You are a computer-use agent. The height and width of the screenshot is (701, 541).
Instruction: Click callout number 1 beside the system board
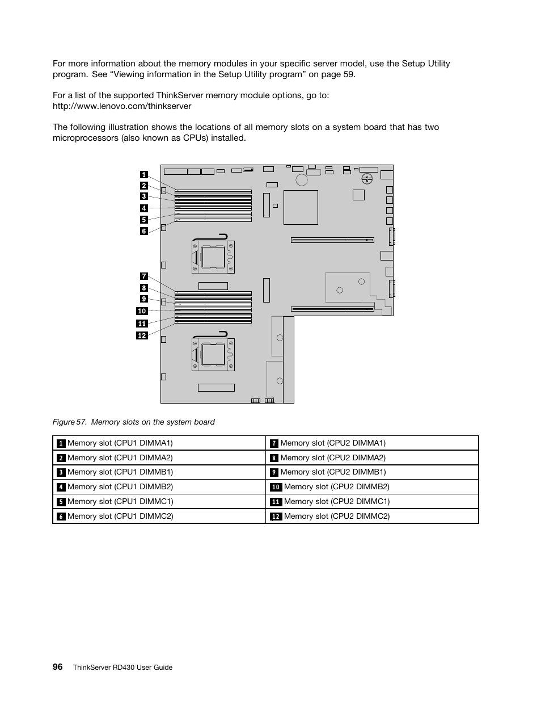click(x=144, y=175)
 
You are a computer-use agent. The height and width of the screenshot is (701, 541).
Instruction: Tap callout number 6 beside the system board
click(x=144, y=231)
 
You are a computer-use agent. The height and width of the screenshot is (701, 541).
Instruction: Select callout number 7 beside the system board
click(x=144, y=276)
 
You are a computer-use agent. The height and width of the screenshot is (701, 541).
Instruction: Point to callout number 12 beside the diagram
click(x=142, y=335)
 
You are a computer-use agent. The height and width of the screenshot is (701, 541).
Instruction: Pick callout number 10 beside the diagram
click(x=142, y=311)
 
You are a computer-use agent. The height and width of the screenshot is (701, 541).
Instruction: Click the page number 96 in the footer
click(x=57, y=667)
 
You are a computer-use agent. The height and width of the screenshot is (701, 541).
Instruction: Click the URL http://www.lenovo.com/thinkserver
click(x=122, y=106)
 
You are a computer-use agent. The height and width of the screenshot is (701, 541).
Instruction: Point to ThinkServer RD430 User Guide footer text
click(x=122, y=668)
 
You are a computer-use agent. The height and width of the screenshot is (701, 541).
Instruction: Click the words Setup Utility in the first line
click(x=426, y=64)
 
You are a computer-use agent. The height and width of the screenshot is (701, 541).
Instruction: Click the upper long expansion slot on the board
click(x=332, y=240)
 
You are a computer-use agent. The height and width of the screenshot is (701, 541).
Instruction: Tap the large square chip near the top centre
click(x=301, y=208)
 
